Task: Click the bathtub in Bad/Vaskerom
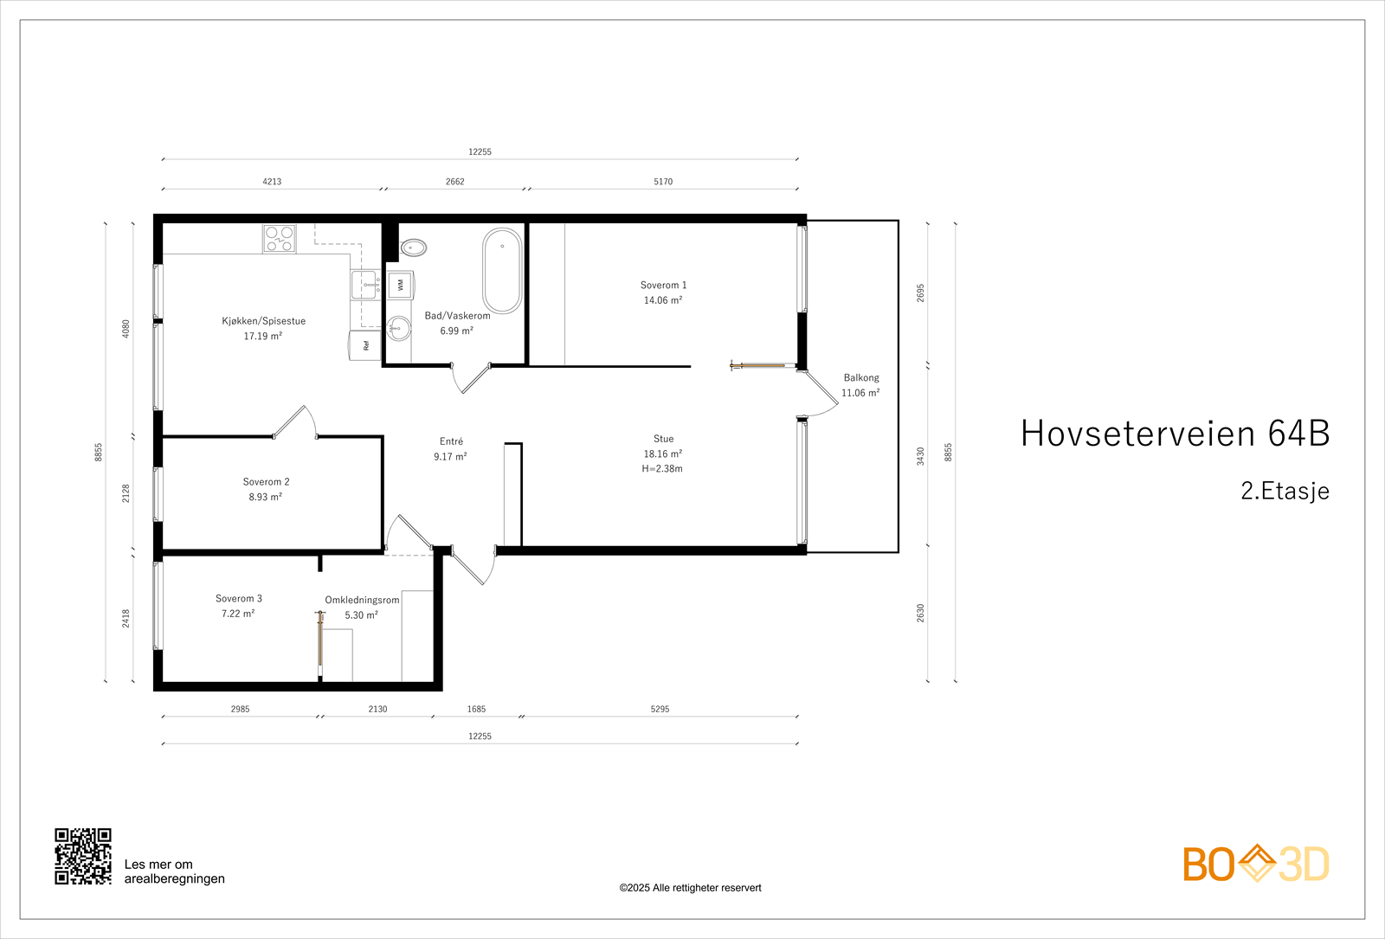502,269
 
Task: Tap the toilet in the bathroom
414,248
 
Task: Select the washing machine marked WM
400,284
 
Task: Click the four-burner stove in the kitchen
279,239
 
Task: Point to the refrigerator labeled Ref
365,345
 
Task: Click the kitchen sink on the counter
364,284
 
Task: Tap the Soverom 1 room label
663,285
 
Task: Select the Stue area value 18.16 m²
662,453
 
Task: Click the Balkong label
861,377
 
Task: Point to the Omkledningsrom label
362,600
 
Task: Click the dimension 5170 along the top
663,182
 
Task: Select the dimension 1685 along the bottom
476,709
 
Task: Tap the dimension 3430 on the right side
920,456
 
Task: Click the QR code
83,856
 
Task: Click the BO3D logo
1256,864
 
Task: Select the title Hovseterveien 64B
1175,434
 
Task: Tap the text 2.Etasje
1285,491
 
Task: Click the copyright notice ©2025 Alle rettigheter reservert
690,888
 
